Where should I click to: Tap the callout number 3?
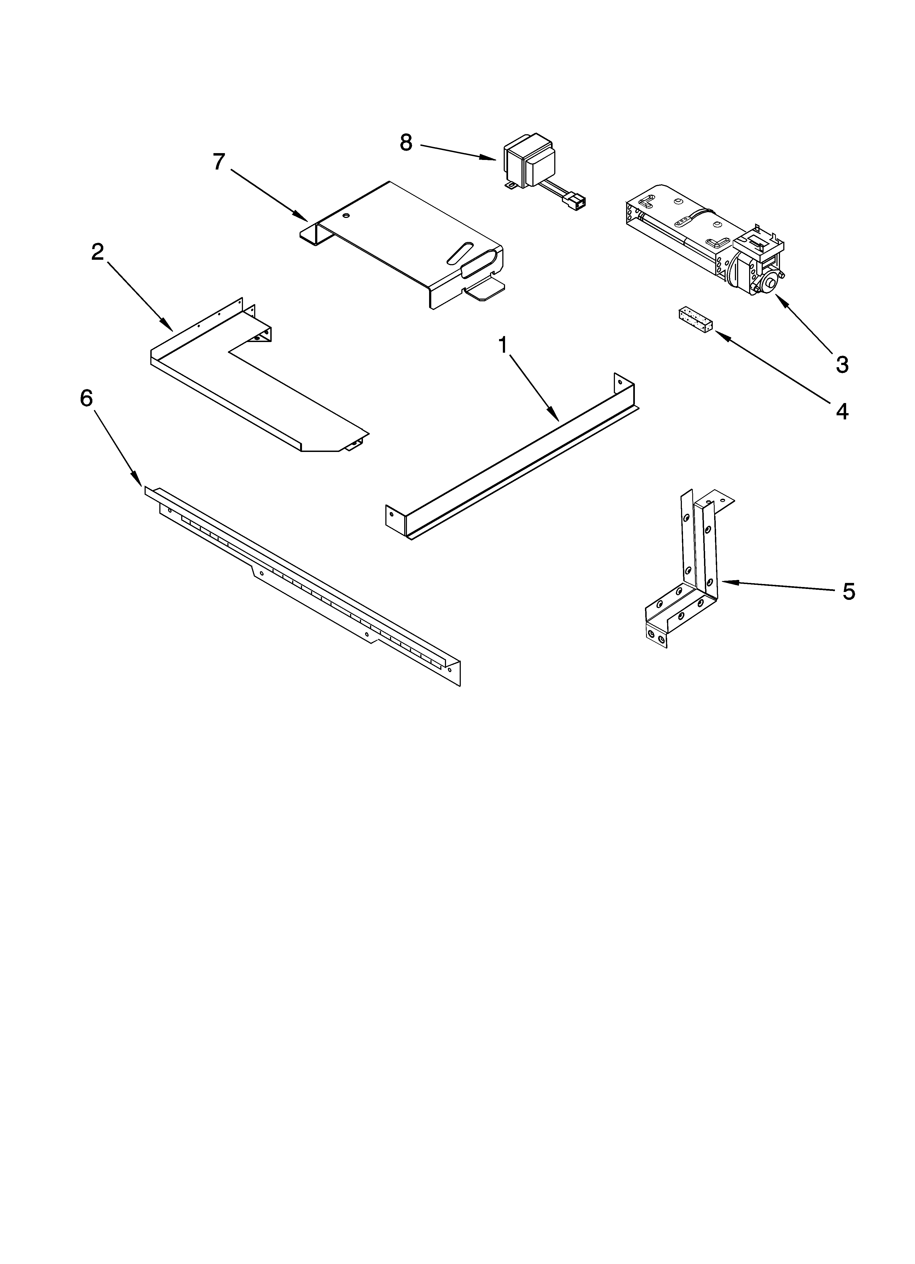click(x=841, y=364)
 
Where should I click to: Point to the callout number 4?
click(x=841, y=411)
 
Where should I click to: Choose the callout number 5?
click(x=848, y=591)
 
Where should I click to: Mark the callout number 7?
click(x=219, y=162)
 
